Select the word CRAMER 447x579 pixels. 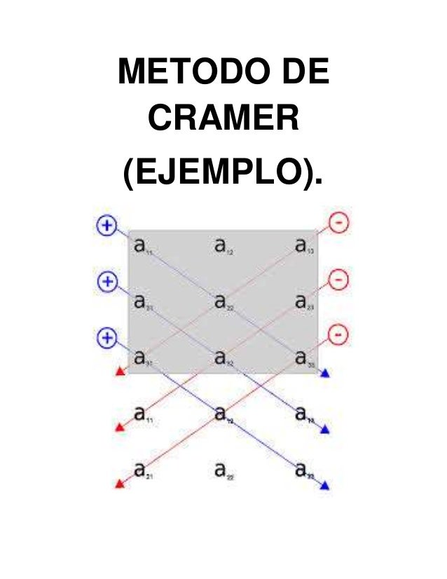223,121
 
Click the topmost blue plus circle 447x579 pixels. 106,225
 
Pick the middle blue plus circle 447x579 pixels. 106,282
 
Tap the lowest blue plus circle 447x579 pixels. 106,338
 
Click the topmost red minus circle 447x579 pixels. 339,224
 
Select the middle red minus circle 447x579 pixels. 339,280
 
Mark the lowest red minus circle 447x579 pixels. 339,335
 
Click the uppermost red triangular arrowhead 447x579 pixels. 120,372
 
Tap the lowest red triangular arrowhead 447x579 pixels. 118,483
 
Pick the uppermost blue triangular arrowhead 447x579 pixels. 324,375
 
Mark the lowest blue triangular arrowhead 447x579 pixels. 324,485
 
